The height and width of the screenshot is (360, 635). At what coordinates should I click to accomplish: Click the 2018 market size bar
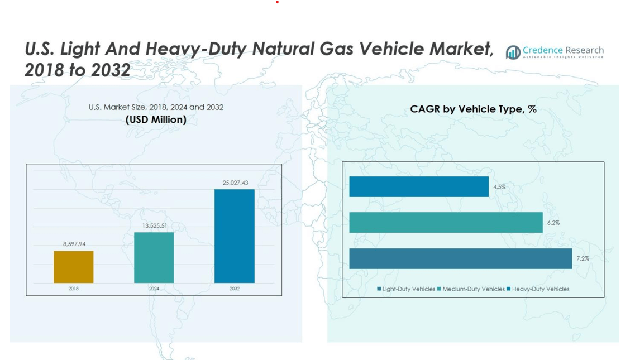74,267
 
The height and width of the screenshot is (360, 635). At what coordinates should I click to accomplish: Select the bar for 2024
154,257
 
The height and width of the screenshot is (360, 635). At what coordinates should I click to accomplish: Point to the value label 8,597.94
74,244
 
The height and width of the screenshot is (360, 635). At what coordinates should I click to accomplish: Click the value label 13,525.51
154,225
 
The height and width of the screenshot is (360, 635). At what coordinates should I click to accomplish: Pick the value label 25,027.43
235,183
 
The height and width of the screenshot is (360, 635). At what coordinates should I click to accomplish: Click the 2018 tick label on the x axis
74,289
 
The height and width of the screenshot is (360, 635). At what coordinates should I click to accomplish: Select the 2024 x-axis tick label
154,289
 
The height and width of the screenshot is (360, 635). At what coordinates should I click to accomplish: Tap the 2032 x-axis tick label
235,289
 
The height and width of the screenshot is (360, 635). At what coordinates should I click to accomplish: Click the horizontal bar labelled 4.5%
418,186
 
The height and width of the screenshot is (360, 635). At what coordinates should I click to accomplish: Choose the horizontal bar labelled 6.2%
446,222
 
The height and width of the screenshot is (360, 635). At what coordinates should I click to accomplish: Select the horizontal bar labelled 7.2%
460,258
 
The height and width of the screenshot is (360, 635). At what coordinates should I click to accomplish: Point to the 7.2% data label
583,258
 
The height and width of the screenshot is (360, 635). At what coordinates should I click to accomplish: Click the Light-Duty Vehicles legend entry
406,289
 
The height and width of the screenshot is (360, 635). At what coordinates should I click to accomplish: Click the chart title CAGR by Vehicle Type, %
473,109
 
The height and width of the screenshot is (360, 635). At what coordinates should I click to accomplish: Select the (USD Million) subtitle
156,119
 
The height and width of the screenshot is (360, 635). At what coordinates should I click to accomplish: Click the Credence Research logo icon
513,52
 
